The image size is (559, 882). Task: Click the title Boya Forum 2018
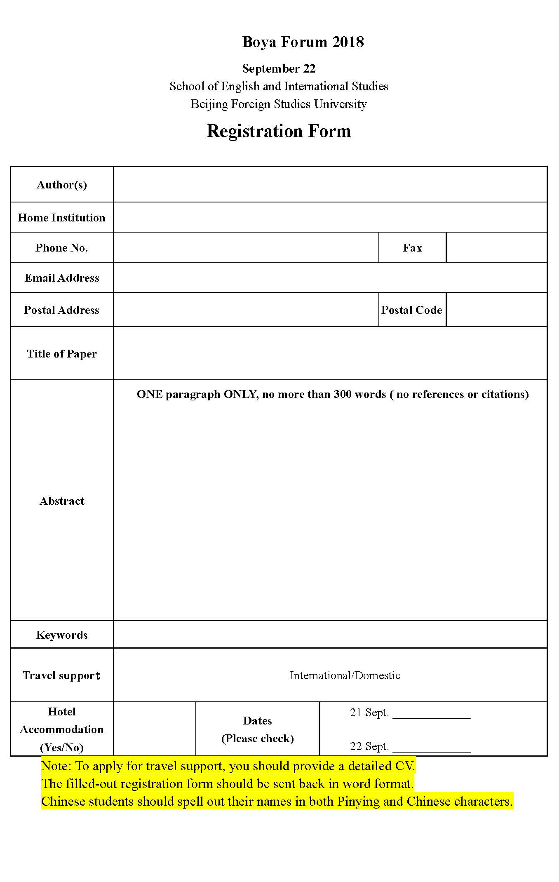coord(303,42)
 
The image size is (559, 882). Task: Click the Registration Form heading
coord(279,131)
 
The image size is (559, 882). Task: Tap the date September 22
coord(279,68)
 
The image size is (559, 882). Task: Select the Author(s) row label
coord(62,185)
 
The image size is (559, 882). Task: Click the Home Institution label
coord(61,218)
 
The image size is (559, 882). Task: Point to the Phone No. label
coord(61,248)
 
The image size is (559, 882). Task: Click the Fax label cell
coord(412,248)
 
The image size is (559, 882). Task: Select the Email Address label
coord(62,278)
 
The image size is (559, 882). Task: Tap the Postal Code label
coord(411,310)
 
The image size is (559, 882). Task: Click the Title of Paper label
coord(62,354)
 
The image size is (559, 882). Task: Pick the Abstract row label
coord(62,501)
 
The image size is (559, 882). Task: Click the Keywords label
coord(62,635)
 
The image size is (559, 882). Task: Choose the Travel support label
coord(62,675)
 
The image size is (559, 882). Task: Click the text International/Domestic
coord(345,675)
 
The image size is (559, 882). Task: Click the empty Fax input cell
coord(496,247)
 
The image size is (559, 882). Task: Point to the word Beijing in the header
coord(209,104)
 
